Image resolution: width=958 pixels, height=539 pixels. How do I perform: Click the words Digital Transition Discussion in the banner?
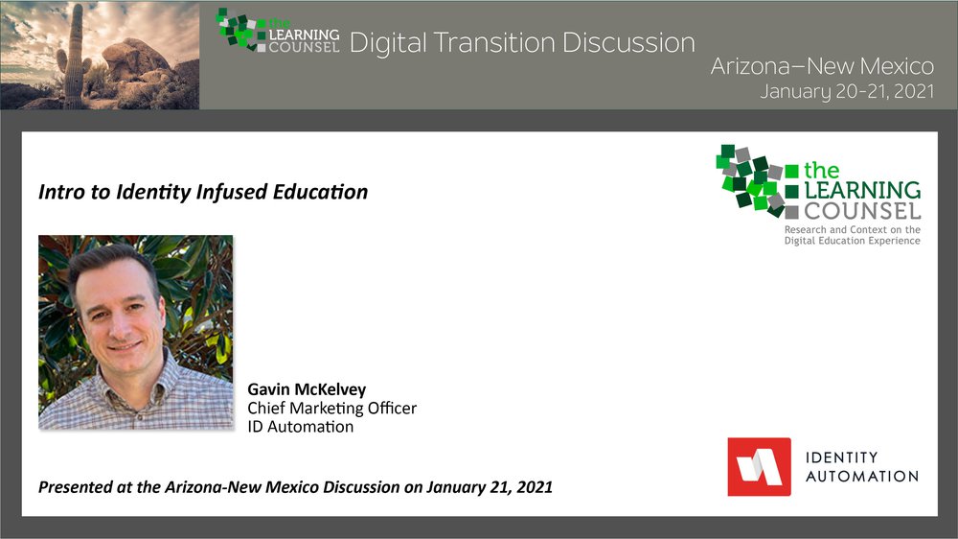click(522, 43)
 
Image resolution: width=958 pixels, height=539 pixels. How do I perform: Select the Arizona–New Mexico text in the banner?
click(822, 66)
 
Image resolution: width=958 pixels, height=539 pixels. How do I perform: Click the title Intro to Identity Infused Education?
click(203, 192)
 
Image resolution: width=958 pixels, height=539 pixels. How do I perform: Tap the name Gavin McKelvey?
click(307, 389)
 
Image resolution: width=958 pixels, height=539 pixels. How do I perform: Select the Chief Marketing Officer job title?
click(331, 408)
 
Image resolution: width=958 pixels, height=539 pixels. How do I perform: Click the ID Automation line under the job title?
click(300, 427)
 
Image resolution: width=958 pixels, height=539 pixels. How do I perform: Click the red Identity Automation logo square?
click(759, 467)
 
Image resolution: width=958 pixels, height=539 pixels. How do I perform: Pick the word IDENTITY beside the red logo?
click(841, 457)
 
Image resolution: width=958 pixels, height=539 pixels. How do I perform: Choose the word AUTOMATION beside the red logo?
click(862, 476)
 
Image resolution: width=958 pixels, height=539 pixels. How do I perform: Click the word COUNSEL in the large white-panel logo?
click(862, 212)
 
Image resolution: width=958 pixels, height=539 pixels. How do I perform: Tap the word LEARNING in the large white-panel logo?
click(862, 190)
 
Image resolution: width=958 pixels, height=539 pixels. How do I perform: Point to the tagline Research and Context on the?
click(853, 229)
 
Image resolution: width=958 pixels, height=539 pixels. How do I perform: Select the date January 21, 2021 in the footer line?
click(490, 487)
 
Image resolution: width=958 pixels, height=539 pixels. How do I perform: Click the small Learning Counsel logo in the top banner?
click(278, 31)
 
